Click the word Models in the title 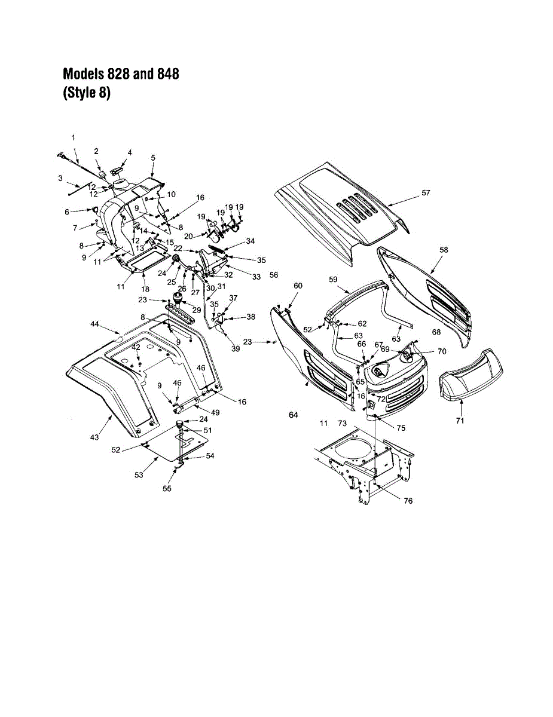tap(84, 74)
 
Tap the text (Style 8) tap(87, 94)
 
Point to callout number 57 tap(425, 193)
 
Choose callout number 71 tap(460, 421)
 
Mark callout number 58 tap(444, 249)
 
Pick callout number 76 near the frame tap(408, 501)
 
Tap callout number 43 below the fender tap(94, 438)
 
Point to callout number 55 tap(167, 488)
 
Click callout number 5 tap(153, 157)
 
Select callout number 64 tap(293, 415)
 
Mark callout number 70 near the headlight tap(442, 351)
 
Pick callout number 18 tap(145, 289)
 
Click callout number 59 tap(333, 279)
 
